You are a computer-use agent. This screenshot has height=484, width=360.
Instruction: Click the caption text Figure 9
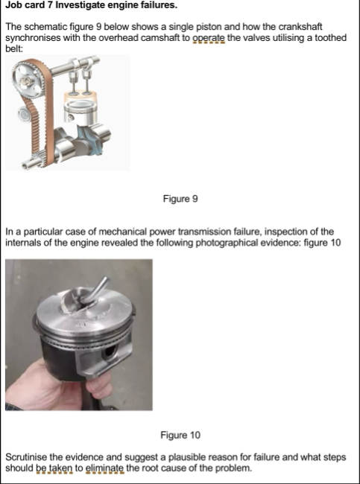pyautogui.click(x=180, y=199)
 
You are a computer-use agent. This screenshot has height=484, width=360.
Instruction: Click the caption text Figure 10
pyautogui.click(x=180, y=436)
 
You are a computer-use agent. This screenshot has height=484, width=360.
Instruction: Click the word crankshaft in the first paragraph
pyautogui.click(x=300, y=27)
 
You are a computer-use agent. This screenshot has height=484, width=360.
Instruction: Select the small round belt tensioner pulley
pyautogui.click(x=24, y=114)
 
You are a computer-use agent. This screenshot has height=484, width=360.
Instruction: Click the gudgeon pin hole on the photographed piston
pyautogui.click(x=110, y=351)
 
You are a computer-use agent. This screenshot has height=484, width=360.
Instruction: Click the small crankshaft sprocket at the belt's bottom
pyautogui.click(x=38, y=159)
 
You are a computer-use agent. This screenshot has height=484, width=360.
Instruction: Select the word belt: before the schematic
pyautogui.click(x=14, y=49)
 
